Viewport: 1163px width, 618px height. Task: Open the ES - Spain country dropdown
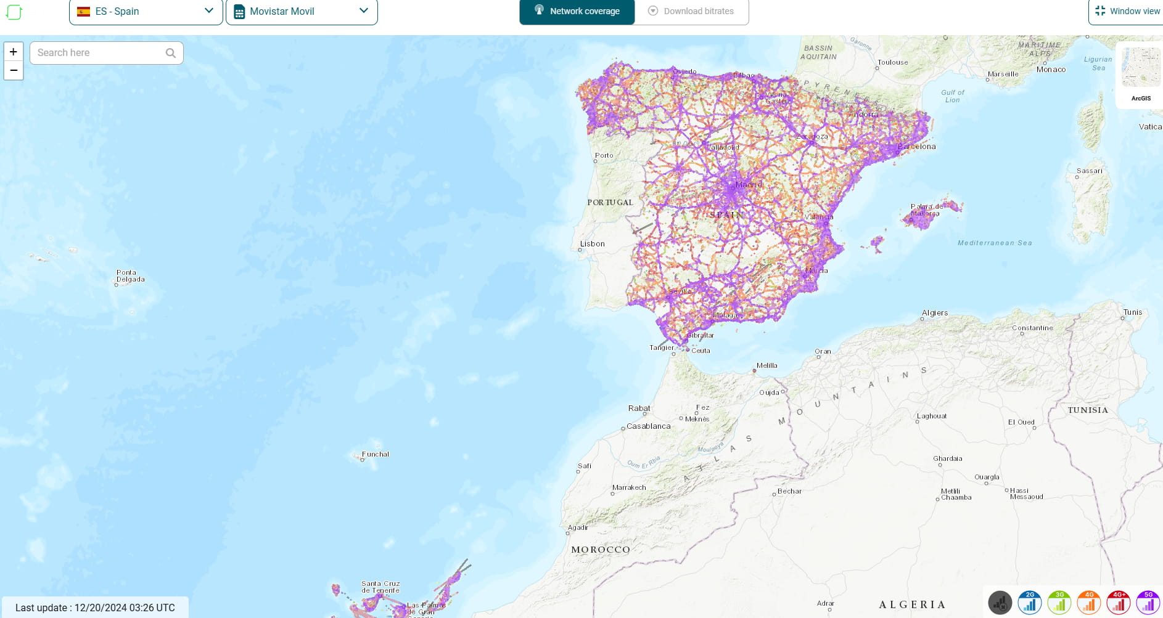146,11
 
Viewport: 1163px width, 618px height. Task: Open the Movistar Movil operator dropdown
302,11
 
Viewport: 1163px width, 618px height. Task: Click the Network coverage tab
577,11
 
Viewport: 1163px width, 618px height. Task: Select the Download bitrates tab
691,11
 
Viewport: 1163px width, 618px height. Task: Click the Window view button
1127,11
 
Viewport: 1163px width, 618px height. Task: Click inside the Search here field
99,53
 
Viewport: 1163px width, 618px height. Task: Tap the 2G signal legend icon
1030,603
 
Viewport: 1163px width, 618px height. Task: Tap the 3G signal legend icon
1059,603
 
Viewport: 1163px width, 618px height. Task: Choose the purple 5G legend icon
1148,603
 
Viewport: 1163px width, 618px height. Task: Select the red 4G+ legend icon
1119,603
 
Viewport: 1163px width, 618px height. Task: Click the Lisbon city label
592,244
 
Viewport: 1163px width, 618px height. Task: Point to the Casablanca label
648,426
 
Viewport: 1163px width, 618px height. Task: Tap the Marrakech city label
629,487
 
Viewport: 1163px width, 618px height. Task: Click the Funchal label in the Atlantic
376,454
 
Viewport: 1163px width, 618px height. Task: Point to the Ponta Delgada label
130,275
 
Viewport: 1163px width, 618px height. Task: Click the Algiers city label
935,313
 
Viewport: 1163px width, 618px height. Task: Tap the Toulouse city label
892,62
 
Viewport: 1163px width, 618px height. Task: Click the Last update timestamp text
95,608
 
